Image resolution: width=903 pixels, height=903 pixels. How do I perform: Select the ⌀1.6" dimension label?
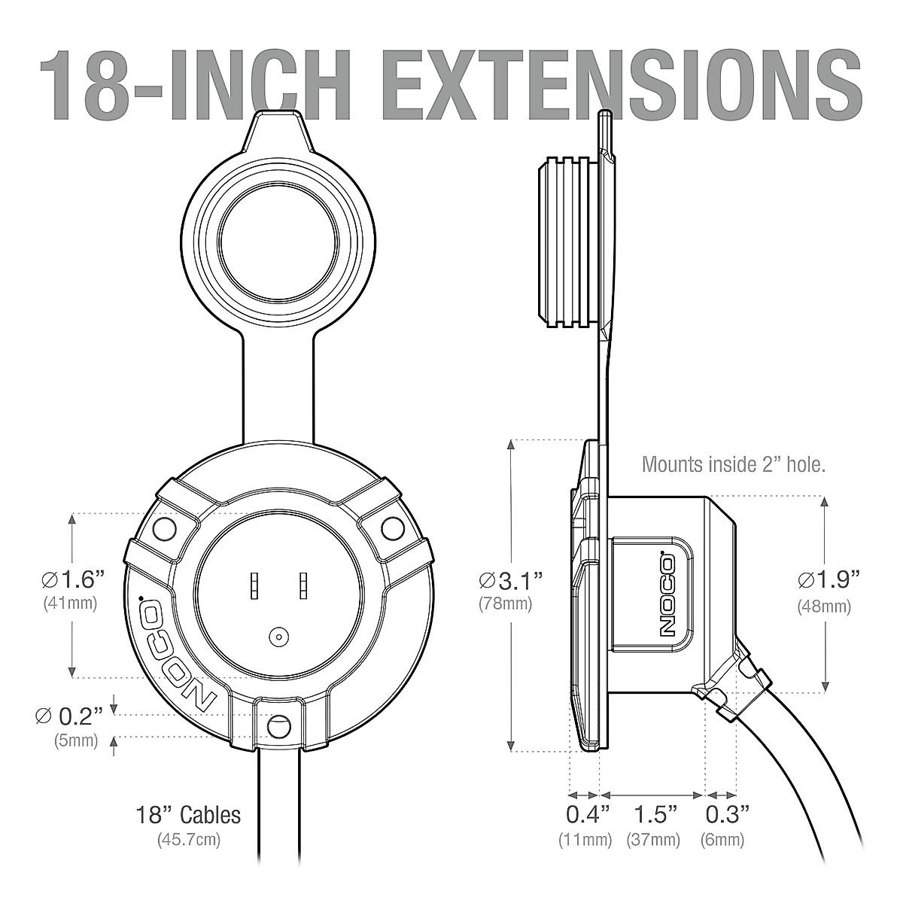[72, 580]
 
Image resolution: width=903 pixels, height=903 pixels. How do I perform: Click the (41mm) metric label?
[70, 603]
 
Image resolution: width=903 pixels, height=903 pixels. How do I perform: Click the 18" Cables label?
[188, 815]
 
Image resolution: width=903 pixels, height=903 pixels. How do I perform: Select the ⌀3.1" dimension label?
[511, 581]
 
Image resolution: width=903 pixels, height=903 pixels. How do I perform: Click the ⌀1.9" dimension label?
[829, 580]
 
